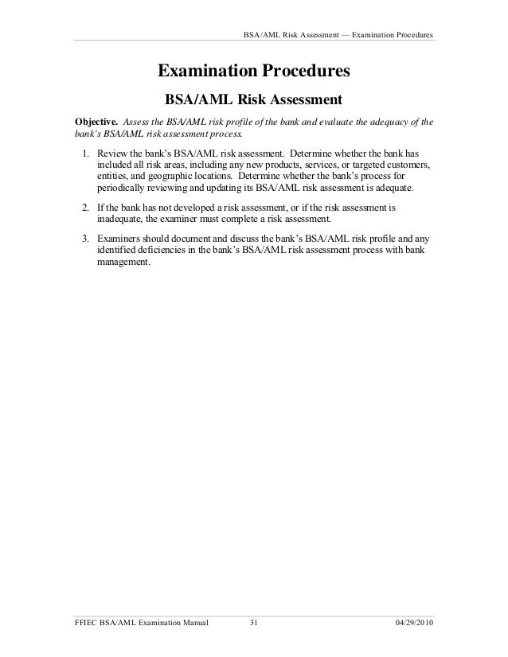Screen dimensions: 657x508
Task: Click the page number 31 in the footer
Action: tap(255, 620)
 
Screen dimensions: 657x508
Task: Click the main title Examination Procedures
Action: tap(254, 72)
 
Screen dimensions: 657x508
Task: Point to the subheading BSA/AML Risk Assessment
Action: tap(253, 101)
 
